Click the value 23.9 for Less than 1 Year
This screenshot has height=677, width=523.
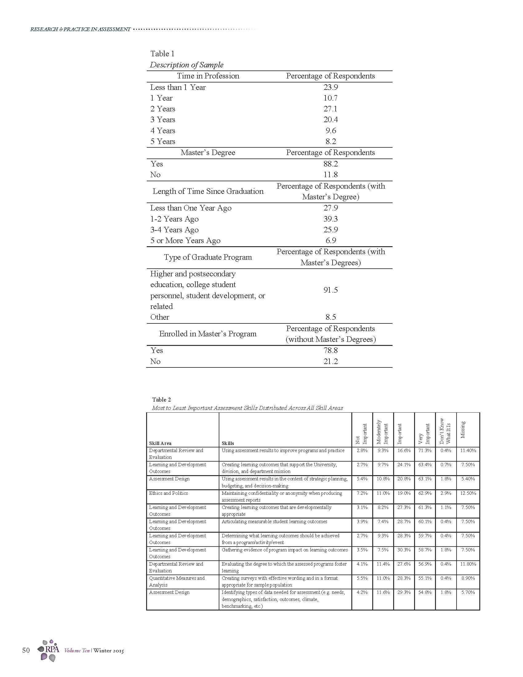click(330, 87)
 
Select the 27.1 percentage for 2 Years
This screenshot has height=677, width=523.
click(330, 109)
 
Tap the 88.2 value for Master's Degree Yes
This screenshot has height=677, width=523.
click(330, 164)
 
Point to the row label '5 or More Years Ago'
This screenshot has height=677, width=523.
click(185, 241)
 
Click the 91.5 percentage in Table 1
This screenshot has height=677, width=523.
click(330, 290)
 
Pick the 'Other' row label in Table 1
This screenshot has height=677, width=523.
click(160, 317)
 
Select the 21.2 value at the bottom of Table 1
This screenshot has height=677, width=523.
click(330, 362)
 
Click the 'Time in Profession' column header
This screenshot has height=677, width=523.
click(208, 76)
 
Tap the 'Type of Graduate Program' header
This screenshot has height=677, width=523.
click(208, 257)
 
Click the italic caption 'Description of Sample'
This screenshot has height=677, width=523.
click(186, 65)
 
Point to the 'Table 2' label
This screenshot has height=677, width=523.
click(162, 399)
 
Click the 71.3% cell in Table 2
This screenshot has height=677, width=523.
click(425, 451)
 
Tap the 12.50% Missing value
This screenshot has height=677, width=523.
click(468, 493)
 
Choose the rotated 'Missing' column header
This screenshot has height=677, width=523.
click(463, 430)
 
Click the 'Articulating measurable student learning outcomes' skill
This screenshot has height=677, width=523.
click(274, 522)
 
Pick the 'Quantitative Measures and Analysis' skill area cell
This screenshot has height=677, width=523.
click(177, 581)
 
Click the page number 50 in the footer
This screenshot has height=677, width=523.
click(26, 650)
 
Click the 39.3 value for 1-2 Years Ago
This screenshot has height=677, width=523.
click(330, 219)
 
